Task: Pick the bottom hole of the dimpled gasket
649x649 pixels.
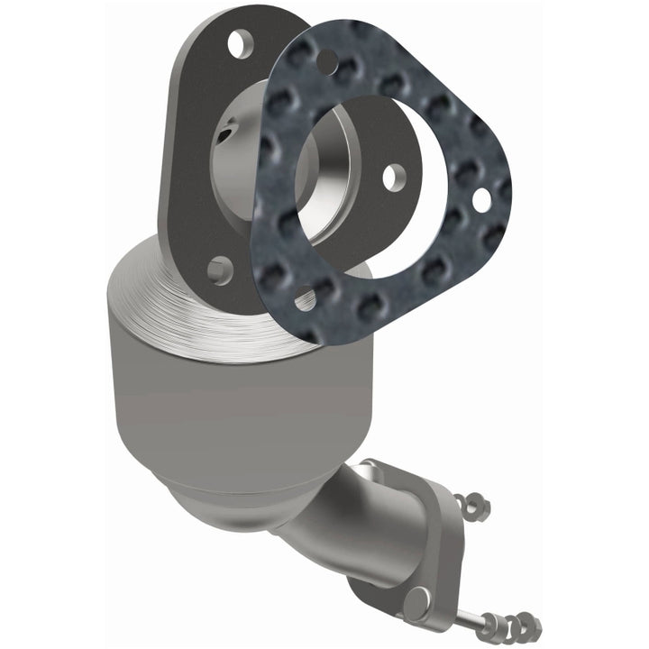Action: coord(305,299)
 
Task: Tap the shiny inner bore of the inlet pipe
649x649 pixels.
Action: coord(270,167)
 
